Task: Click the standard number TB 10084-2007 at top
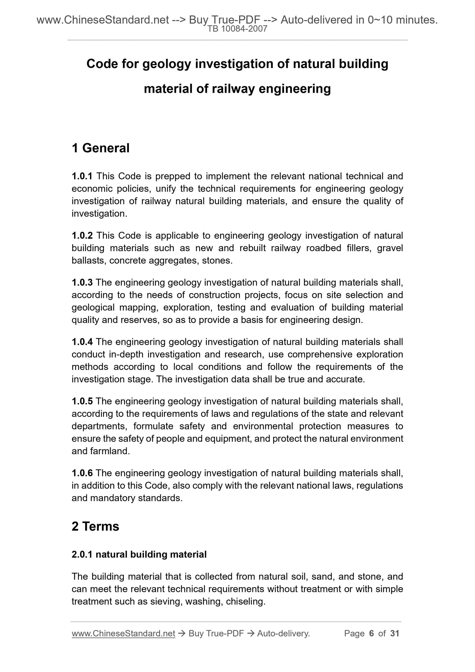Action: coord(237,29)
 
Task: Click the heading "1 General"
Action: coord(101,148)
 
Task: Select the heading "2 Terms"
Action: coord(95,526)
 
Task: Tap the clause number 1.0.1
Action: coord(82,176)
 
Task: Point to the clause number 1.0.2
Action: coord(82,235)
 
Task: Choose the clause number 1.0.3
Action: coord(82,282)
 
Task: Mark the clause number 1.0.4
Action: coord(82,342)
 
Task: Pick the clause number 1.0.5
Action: coord(82,401)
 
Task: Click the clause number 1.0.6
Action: coord(82,473)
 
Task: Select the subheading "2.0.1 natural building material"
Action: coord(139,555)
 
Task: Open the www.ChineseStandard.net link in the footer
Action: coord(123,634)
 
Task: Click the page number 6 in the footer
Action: coord(372,634)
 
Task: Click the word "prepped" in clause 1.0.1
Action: coord(173,176)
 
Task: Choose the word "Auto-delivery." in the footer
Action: coord(283,634)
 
